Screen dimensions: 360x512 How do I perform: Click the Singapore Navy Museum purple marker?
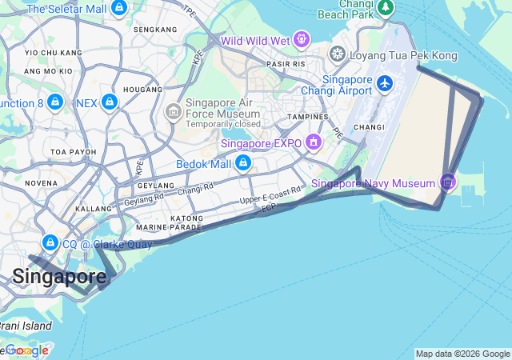[x=448, y=183]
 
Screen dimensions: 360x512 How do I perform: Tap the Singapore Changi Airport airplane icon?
[x=386, y=83]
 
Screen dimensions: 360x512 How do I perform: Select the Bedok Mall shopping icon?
[x=242, y=164]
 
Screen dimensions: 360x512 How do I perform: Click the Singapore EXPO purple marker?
[x=313, y=143]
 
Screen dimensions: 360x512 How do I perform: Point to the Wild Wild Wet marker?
[x=301, y=38]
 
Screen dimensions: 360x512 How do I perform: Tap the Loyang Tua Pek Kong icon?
[x=338, y=54]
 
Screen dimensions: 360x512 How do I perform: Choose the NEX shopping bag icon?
[x=110, y=102]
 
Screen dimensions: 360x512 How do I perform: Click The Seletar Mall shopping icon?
[x=119, y=8]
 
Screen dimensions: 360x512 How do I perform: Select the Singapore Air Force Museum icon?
[x=173, y=112]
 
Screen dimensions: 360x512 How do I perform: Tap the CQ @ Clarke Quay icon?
[x=50, y=243]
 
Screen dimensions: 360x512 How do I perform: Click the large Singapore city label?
[x=58, y=277]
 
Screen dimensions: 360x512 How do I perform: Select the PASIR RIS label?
[x=286, y=63]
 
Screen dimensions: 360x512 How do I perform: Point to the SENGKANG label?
[x=154, y=30]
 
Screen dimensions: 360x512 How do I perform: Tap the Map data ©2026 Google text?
[x=462, y=354]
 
